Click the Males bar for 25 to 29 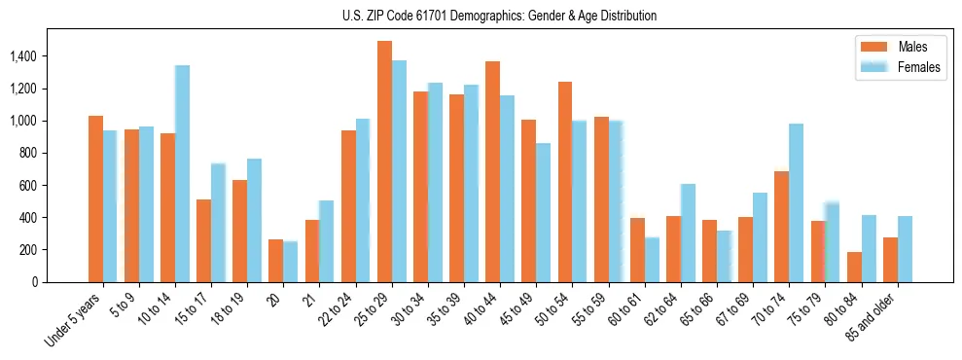(x=384, y=162)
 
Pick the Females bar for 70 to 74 (x=796, y=202)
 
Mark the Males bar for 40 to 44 (x=493, y=171)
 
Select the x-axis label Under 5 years (x=74, y=320)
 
